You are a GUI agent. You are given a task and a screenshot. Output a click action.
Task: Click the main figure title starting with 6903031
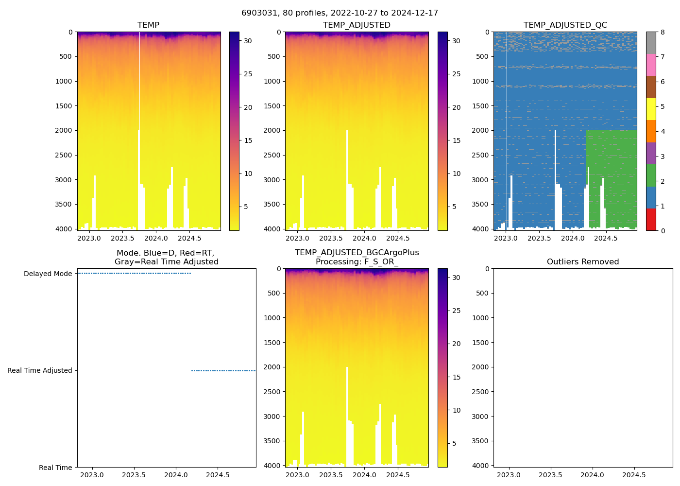pyautogui.click(x=340, y=13)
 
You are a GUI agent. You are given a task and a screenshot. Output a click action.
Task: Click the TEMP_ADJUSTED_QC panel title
pyautogui.click(x=565, y=25)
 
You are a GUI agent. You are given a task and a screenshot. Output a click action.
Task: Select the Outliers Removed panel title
pyautogui.click(x=583, y=262)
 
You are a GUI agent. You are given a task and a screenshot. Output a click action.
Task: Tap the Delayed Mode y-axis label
pyautogui.click(x=48, y=274)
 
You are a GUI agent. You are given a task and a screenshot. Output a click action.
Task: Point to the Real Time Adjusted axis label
pyautogui.click(x=40, y=371)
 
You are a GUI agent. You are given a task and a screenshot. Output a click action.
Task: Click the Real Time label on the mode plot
pyautogui.click(x=55, y=468)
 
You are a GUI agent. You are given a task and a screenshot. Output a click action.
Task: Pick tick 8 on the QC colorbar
pyautogui.click(x=663, y=33)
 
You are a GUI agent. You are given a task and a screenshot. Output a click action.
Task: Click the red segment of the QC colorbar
pyautogui.click(x=651, y=220)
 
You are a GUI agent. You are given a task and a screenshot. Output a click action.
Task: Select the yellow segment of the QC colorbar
pyautogui.click(x=651, y=109)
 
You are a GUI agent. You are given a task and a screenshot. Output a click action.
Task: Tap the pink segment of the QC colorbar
pyautogui.click(x=651, y=65)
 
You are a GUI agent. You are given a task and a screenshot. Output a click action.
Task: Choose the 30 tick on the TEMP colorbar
pyautogui.click(x=248, y=41)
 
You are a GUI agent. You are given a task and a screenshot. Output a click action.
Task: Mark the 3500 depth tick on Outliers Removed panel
pyautogui.click(x=480, y=441)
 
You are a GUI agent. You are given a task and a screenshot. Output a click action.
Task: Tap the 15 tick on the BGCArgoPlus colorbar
pyautogui.click(x=456, y=377)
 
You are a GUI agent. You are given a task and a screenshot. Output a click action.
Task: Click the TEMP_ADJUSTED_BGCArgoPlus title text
pyautogui.click(x=357, y=253)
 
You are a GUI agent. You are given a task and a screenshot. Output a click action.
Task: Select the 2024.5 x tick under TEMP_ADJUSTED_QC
pyautogui.click(x=606, y=238)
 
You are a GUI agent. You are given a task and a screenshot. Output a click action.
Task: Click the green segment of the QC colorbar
pyautogui.click(x=651, y=175)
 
